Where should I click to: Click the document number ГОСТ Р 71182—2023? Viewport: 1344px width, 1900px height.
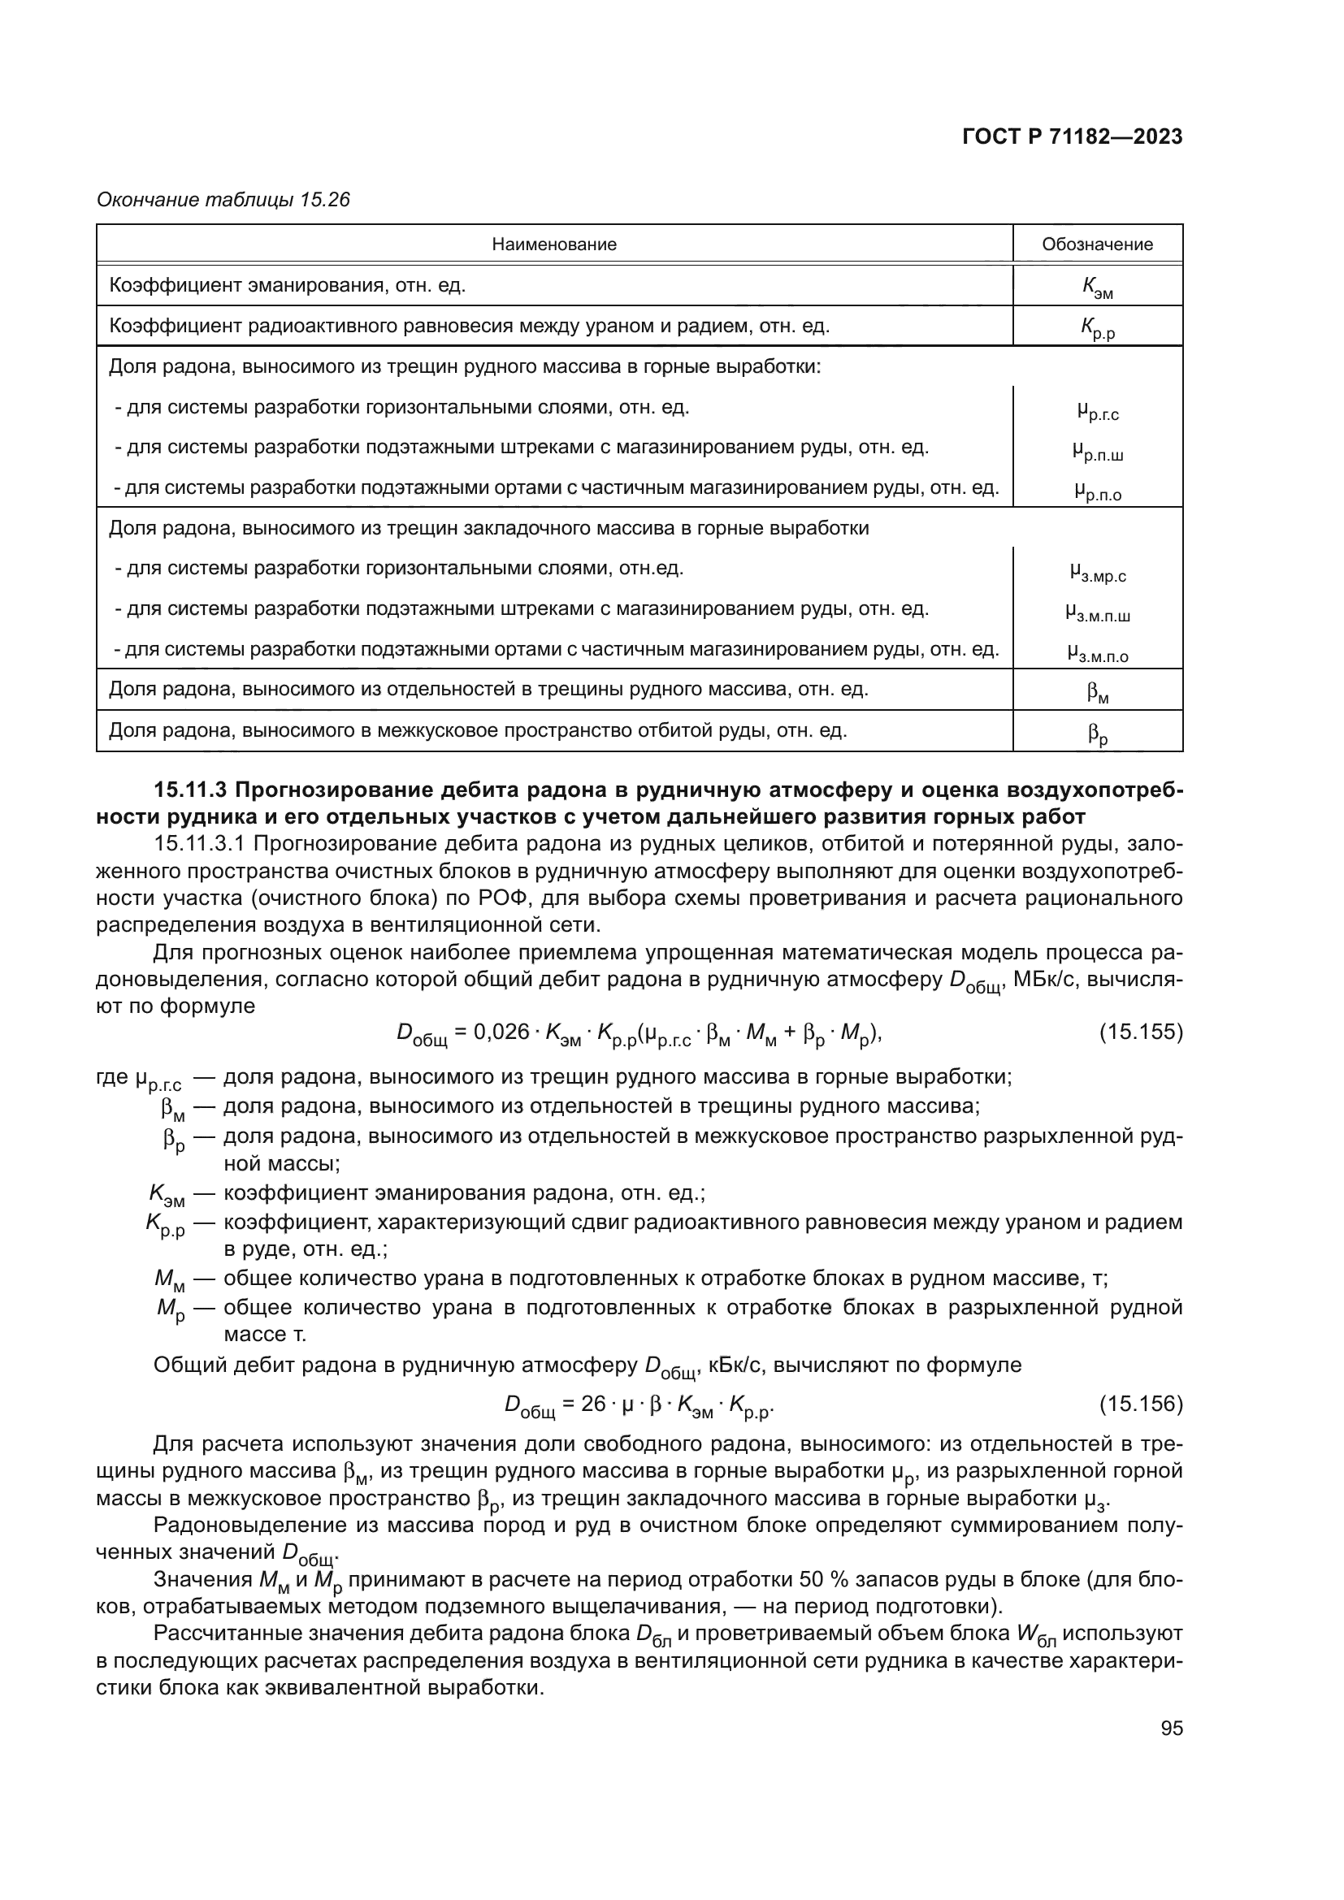point(1072,137)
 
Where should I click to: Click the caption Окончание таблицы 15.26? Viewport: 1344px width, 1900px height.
point(223,200)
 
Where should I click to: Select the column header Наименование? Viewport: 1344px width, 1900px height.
point(553,245)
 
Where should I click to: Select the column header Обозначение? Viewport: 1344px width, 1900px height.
point(1096,245)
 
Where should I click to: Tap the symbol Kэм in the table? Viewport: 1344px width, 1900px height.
point(1096,287)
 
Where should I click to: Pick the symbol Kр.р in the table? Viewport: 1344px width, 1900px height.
point(1096,328)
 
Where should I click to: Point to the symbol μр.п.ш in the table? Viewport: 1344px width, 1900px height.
point(1097,451)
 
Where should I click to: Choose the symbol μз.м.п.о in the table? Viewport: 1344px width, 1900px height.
point(1097,654)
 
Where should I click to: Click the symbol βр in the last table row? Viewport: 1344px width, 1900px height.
point(1097,734)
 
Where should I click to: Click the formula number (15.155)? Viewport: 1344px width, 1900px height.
point(1140,1032)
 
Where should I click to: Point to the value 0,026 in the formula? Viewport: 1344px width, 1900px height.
point(501,1032)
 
